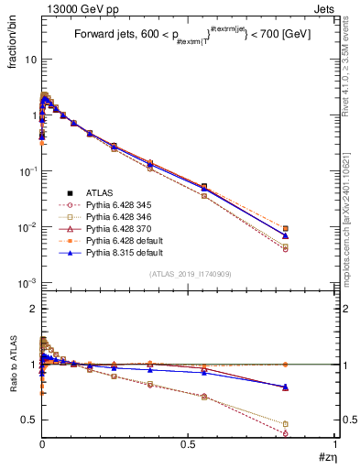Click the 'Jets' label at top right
[323, 9]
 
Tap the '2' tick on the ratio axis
[32, 309]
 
